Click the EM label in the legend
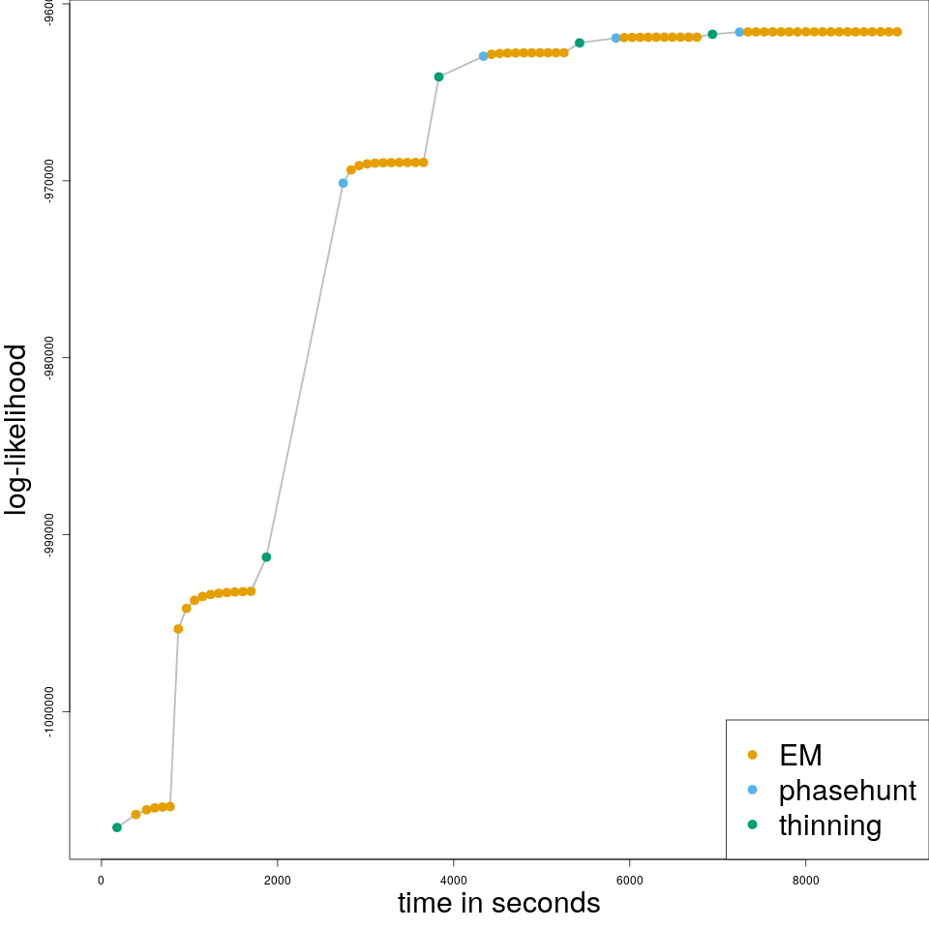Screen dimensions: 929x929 (x=800, y=755)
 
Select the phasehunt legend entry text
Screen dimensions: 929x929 (x=847, y=791)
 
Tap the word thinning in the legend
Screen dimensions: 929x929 (x=830, y=825)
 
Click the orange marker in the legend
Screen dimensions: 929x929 (x=753, y=755)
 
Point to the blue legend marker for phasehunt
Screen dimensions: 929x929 (x=753, y=790)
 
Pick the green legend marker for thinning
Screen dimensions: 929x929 (x=753, y=824)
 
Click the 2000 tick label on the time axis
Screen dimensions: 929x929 (x=277, y=880)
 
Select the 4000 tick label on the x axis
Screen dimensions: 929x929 (x=453, y=880)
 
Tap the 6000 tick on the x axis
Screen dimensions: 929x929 (x=629, y=880)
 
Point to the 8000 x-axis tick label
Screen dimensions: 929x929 (x=805, y=880)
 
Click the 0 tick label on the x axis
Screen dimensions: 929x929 (x=101, y=880)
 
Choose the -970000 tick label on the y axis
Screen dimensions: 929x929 (x=49, y=181)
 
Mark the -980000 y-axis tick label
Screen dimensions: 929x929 (x=49, y=357)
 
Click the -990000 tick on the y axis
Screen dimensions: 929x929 (x=49, y=534)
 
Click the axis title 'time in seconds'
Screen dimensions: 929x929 (x=498, y=904)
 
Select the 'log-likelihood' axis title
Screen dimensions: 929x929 (x=16, y=430)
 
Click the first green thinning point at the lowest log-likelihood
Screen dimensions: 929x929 (x=117, y=827)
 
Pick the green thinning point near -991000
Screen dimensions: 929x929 (x=266, y=556)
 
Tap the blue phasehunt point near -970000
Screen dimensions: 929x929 (x=343, y=183)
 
